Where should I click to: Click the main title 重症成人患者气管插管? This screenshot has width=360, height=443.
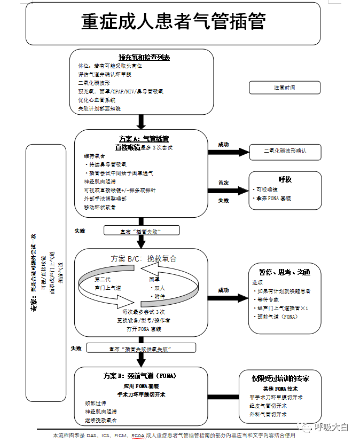[x=173, y=22]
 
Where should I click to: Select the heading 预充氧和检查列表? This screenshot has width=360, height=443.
[x=144, y=57]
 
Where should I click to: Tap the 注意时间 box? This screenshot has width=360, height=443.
[x=284, y=88]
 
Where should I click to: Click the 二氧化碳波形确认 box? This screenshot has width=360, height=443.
[x=284, y=152]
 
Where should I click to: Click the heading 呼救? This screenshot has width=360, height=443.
[x=285, y=179]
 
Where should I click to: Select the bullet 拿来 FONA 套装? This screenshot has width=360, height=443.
[x=274, y=198]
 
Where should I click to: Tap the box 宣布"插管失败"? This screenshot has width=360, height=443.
[x=142, y=231]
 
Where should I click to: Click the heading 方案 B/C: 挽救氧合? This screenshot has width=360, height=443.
[x=143, y=259]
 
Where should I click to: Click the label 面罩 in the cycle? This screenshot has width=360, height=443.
[x=154, y=279]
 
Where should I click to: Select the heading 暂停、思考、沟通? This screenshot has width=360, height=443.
[x=285, y=272]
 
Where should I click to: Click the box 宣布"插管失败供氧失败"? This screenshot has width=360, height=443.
[x=142, y=348]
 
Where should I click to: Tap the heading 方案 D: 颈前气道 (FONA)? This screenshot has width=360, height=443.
[x=140, y=376]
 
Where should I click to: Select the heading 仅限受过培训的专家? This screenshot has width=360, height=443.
[x=280, y=378]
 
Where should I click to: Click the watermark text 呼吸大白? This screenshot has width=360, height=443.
[x=331, y=427]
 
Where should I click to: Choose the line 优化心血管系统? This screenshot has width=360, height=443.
[x=97, y=100]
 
